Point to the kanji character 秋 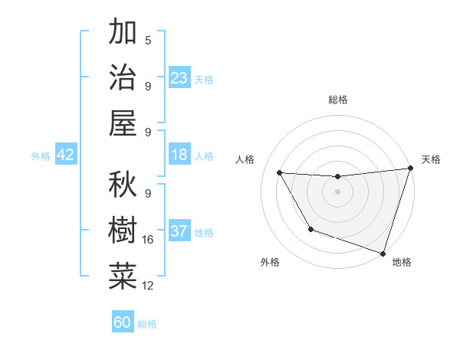point(123,185)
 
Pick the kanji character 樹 point(123,230)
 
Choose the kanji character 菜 point(123,276)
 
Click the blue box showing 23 point(179,77)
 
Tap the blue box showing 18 point(179,155)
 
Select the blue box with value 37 point(179,231)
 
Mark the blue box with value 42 point(66,155)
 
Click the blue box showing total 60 point(123,322)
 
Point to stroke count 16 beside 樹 point(148,240)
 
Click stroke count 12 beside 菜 point(148,286)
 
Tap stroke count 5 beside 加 point(148,41)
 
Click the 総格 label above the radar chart point(337,100)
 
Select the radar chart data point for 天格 point(409,169)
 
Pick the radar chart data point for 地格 point(383,253)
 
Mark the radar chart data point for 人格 point(280,173)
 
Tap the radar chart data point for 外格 point(310,229)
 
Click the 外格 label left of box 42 point(41,155)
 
